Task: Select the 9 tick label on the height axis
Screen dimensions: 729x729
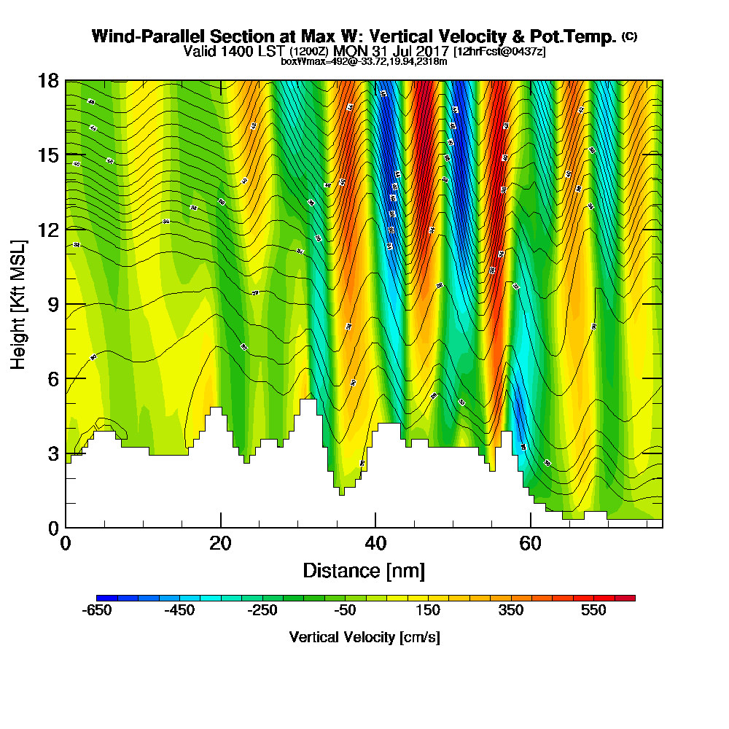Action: coord(52,304)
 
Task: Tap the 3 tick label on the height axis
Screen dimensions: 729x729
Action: coord(52,453)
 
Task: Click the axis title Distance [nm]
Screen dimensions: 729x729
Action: coord(364,570)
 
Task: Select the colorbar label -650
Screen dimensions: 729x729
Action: coord(98,611)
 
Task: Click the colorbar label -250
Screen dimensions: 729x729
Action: coord(262,611)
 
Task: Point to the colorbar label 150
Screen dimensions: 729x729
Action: coord(429,611)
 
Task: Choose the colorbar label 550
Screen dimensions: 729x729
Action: coord(594,611)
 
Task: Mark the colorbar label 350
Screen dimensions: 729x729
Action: coord(511,611)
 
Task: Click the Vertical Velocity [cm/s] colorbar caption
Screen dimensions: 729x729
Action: coord(364,637)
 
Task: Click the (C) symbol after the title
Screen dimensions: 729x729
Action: coord(629,36)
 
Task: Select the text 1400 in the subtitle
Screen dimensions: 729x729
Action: coord(234,51)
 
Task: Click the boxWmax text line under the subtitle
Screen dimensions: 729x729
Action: coord(364,61)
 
